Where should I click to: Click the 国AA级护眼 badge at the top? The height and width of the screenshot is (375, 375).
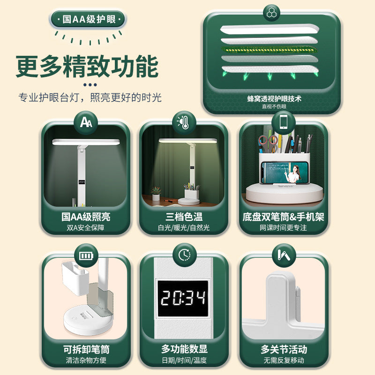click(88, 19)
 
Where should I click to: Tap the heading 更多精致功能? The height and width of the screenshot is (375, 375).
click(87, 66)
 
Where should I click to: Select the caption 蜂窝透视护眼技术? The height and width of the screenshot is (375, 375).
click(274, 98)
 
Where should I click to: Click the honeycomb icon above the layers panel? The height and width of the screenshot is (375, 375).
click(271, 13)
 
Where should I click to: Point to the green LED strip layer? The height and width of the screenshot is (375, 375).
click(270, 50)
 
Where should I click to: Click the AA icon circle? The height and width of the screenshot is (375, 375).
click(86, 122)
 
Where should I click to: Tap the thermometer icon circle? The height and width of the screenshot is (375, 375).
click(184, 122)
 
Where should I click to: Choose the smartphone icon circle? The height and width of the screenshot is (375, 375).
click(284, 122)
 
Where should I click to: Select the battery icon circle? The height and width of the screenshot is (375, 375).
click(86, 255)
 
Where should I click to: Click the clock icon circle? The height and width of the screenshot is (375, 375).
click(184, 255)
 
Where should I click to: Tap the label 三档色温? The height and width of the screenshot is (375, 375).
click(184, 217)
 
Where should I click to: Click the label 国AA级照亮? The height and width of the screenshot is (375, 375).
click(86, 217)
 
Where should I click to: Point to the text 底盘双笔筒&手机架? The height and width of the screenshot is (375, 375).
click(284, 217)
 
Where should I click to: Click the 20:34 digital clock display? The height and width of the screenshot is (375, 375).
click(183, 299)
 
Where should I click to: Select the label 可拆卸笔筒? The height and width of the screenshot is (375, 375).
click(86, 349)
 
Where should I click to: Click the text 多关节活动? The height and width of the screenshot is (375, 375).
click(284, 349)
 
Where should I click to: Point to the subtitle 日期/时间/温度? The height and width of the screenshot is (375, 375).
click(184, 360)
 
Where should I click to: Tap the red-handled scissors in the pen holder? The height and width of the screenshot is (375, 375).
click(267, 143)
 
